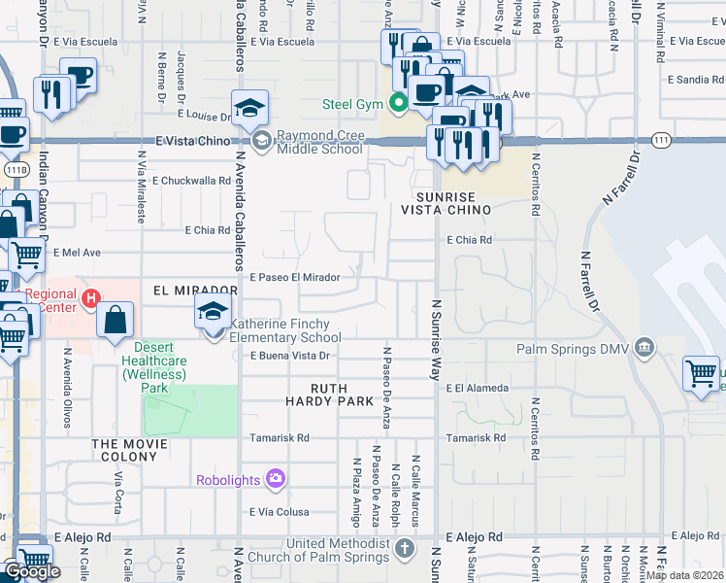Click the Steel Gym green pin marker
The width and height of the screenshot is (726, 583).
pyautogui.click(x=398, y=101)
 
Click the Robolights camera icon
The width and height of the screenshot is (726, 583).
pyautogui.click(x=276, y=478)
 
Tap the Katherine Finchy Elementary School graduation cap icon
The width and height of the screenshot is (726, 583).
pyautogui.click(x=211, y=313)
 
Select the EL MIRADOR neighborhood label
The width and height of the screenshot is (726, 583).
pyautogui.click(x=195, y=291)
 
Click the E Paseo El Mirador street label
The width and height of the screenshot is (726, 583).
pyautogui.click(x=295, y=277)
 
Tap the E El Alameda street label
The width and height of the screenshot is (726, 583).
pyautogui.click(x=478, y=388)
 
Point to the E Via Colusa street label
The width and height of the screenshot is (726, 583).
pyautogui.click(x=279, y=512)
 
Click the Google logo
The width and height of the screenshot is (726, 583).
pyautogui.click(x=32, y=570)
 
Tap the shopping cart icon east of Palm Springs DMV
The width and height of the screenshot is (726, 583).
pyautogui.click(x=701, y=373)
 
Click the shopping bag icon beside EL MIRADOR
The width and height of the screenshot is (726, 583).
pyautogui.click(x=115, y=320)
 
